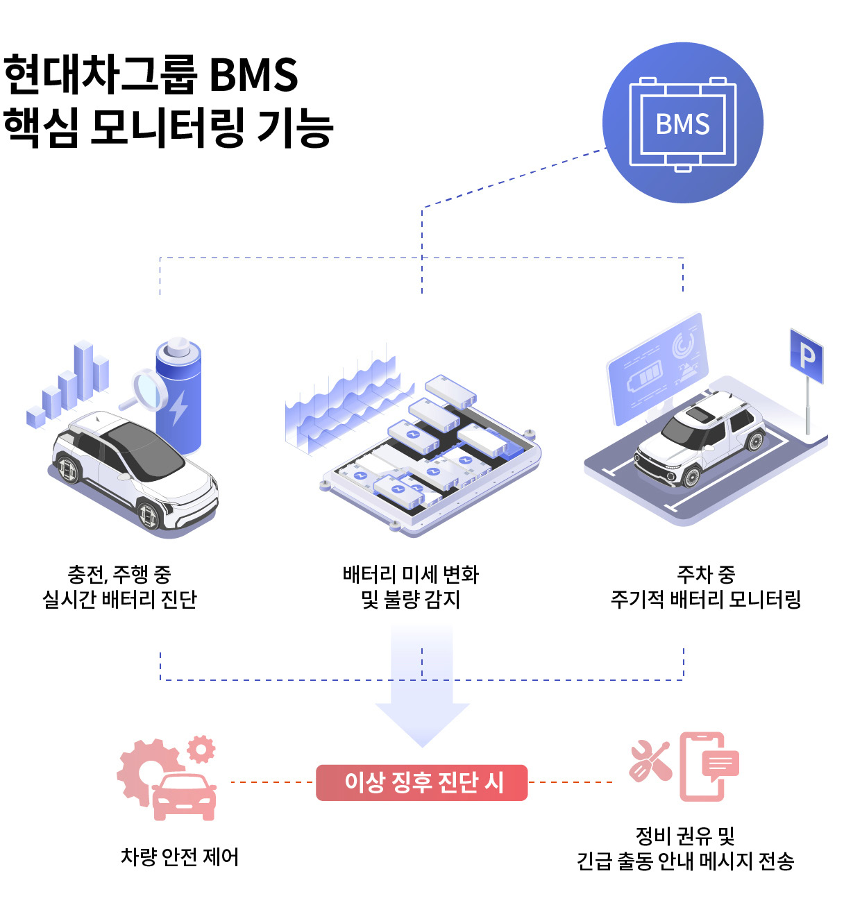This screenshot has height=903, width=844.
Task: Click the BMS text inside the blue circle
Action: click(683, 124)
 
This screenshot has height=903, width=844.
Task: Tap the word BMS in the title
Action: click(253, 75)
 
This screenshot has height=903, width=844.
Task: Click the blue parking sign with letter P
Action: click(807, 356)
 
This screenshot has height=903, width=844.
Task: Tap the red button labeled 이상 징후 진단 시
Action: click(422, 782)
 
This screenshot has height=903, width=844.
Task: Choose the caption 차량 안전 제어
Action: click(180, 857)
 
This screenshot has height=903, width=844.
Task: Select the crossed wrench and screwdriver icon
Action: click(650, 761)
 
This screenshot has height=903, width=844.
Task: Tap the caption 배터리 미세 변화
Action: click(411, 574)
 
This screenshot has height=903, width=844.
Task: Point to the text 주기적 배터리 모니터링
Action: click(706, 599)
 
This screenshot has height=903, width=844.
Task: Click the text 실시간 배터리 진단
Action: click(120, 599)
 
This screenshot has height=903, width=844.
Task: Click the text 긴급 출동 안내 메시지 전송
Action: click(685, 861)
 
